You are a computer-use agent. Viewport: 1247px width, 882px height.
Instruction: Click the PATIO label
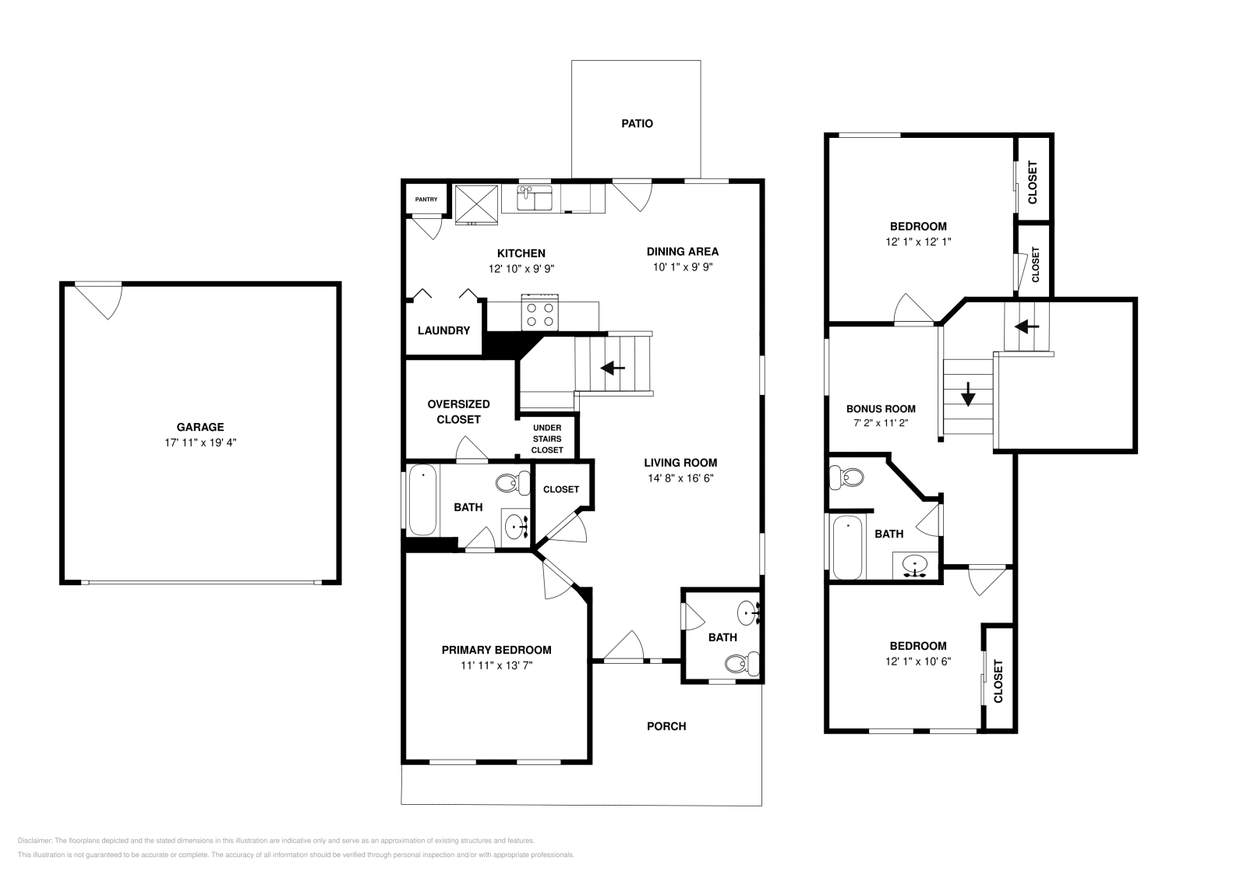tap(637, 123)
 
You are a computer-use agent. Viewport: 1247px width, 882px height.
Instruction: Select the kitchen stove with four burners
tap(539, 313)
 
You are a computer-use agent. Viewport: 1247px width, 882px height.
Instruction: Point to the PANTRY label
tap(426, 199)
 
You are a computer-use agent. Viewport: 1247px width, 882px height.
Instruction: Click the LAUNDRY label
tap(443, 330)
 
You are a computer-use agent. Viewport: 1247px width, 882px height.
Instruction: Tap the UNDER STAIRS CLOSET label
tap(547, 439)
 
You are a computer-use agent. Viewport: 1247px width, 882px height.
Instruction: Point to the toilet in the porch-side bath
tap(741, 663)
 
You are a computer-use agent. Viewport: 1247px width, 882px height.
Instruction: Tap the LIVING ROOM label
tap(680, 462)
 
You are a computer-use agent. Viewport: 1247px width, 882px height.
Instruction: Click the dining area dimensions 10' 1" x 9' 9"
tap(682, 266)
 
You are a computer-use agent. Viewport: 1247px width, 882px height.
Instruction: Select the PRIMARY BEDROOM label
tap(496, 650)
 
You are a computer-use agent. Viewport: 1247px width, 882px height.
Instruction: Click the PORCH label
tap(666, 726)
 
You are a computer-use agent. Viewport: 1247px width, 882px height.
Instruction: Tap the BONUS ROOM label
tap(881, 408)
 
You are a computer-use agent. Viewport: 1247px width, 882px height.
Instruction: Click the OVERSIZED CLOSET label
tap(458, 411)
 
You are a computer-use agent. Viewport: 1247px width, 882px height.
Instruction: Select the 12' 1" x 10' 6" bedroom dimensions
tap(917, 661)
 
